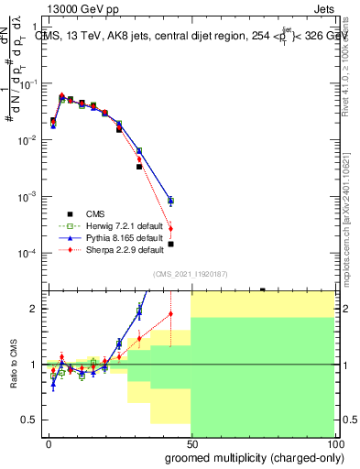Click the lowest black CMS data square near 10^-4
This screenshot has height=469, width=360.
[x=170, y=244]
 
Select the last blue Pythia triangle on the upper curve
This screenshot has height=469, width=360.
[x=170, y=200]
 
